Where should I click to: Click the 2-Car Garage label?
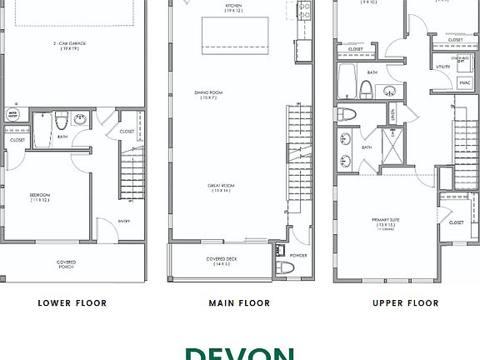(x=72, y=45)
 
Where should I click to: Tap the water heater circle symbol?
(x=13, y=113)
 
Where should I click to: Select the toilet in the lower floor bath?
(x=61, y=126)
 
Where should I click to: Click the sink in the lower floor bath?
(x=82, y=119)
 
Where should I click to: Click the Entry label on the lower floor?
(x=123, y=221)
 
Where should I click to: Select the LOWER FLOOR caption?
(x=72, y=303)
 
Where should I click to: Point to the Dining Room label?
(x=232, y=95)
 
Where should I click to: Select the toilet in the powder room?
(x=287, y=267)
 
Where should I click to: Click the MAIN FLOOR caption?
(x=239, y=303)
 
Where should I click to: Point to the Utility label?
(x=442, y=67)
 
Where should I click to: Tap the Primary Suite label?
(x=386, y=222)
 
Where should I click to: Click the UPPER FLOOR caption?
(x=405, y=303)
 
